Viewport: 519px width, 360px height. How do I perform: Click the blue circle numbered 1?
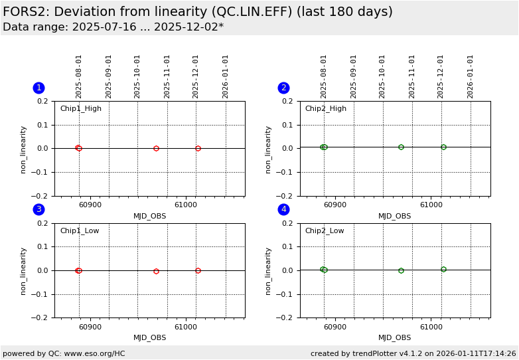pos(38,88)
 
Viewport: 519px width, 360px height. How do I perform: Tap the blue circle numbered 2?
pos(283,88)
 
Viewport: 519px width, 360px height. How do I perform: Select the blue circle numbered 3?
pos(38,210)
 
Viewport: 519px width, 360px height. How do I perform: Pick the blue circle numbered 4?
pos(283,210)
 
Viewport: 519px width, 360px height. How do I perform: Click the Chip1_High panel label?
pos(81,109)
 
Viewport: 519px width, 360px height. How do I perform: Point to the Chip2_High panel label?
pos(325,109)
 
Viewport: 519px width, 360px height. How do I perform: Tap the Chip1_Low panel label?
pos(80,231)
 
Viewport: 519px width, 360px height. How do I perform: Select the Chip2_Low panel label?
pos(325,231)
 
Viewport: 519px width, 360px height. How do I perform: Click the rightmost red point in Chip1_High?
pos(198,148)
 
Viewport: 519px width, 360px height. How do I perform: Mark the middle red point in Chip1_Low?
pos(156,271)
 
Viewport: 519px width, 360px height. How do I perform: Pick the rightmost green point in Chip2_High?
pos(443,147)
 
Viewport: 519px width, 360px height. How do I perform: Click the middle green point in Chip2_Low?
pos(401,270)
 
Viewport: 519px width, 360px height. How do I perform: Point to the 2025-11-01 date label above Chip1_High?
pos(167,76)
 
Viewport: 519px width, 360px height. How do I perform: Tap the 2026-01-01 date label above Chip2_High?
pos(471,76)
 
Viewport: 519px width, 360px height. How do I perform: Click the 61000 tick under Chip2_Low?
pos(431,326)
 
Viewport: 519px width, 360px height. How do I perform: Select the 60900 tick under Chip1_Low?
pos(90,326)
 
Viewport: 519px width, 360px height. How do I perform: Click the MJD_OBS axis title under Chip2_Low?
pos(395,337)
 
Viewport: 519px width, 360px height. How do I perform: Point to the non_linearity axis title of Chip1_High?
pos(23,149)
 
